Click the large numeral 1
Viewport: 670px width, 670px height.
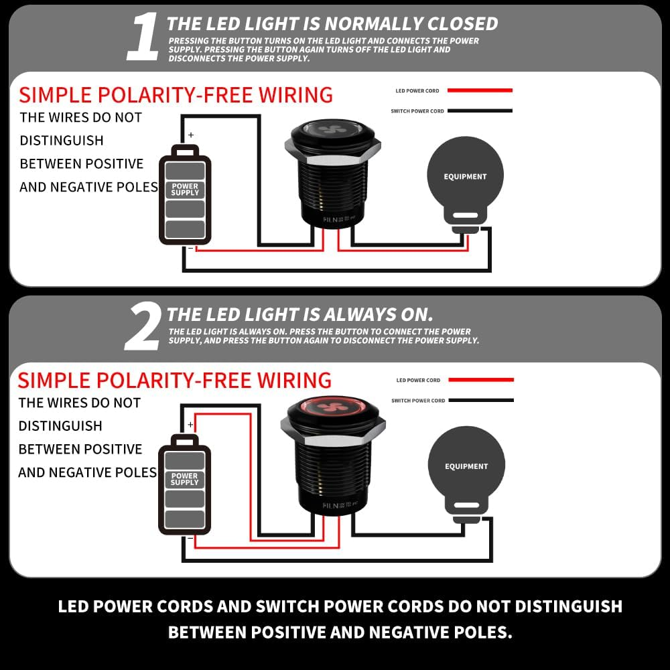pos(143,37)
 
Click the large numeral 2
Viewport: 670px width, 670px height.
pos(143,327)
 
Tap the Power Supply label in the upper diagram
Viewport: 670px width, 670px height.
pos(185,190)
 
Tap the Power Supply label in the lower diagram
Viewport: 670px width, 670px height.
pos(185,479)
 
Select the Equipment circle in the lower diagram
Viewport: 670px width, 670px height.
pos(466,466)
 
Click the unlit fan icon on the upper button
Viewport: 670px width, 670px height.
pos(332,129)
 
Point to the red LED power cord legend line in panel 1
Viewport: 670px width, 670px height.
pos(480,90)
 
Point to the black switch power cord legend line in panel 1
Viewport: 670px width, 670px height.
pos(480,111)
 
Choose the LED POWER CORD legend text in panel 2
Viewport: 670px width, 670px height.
pos(418,381)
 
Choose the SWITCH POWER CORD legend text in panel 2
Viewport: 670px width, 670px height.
pos(418,401)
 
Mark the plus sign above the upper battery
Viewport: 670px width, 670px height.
pos(191,135)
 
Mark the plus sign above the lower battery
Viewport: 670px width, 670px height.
pos(190,425)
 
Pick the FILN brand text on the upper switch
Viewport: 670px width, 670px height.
pos(330,220)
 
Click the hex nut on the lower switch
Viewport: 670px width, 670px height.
pos(333,431)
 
